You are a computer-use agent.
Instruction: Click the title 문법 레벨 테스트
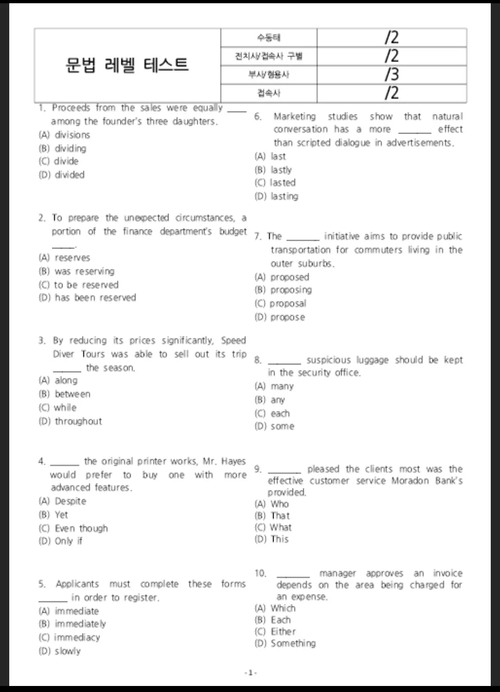(x=127, y=64)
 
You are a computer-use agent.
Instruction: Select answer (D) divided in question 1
(x=62, y=175)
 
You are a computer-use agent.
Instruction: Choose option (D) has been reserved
(x=87, y=298)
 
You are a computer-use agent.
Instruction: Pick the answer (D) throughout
(x=70, y=421)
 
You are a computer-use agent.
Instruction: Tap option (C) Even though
(x=74, y=528)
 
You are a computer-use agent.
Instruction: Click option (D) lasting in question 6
(x=277, y=197)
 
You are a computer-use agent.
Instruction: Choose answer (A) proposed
(x=282, y=277)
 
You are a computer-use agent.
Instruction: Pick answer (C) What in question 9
(x=274, y=527)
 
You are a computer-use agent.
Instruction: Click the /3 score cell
(x=391, y=75)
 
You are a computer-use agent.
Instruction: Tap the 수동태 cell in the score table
(x=269, y=38)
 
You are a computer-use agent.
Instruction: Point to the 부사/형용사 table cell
(x=269, y=75)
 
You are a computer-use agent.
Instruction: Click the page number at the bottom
(x=250, y=673)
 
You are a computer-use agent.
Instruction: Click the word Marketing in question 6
(x=294, y=116)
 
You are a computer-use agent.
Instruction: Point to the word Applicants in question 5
(x=77, y=584)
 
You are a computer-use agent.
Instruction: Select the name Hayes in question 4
(x=233, y=461)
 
